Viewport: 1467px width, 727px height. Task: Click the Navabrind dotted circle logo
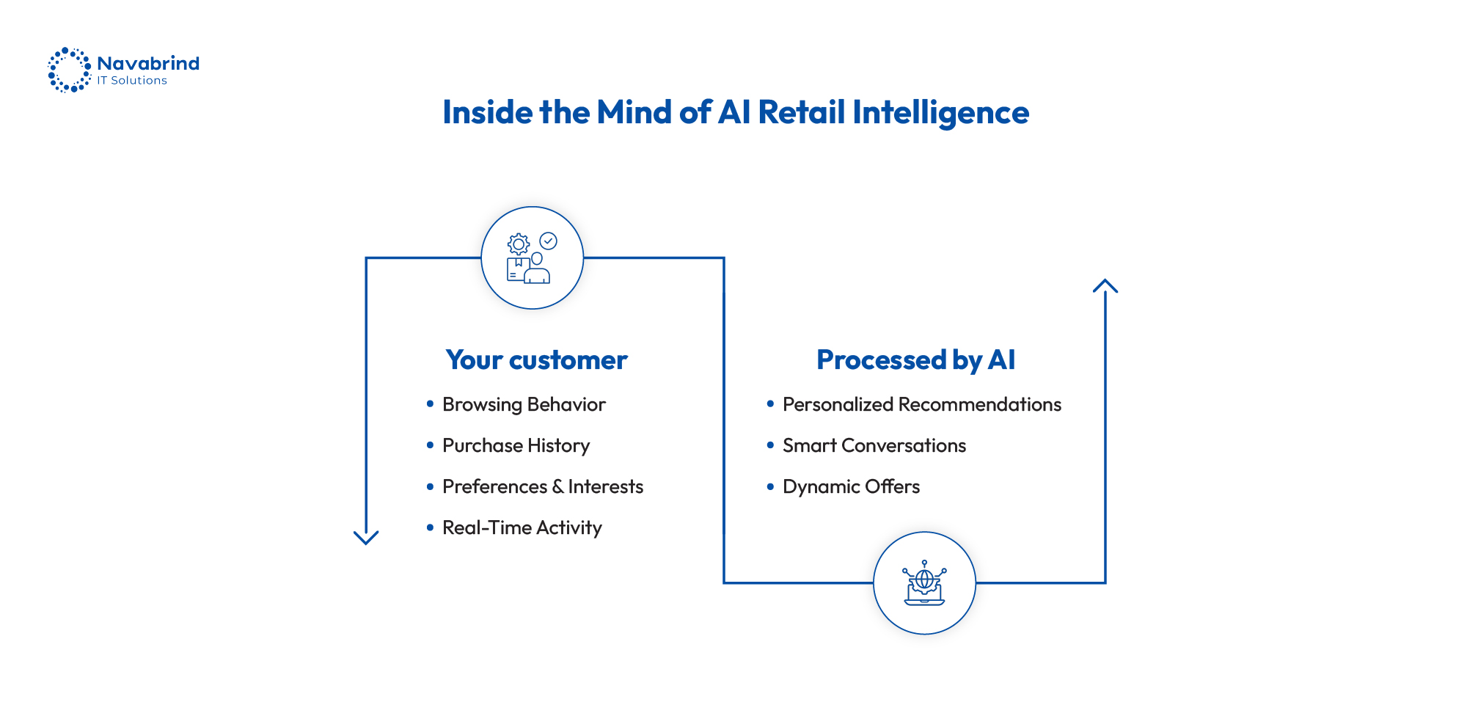(x=70, y=70)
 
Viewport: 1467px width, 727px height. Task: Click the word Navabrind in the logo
(x=148, y=63)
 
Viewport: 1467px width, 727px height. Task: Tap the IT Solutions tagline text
(x=132, y=81)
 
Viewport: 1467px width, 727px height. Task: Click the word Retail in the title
(x=801, y=112)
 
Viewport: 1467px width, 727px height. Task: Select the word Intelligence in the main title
(x=940, y=114)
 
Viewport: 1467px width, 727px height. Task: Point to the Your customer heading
(x=536, y=360)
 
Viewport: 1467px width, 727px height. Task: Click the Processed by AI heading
(x=915, y=360)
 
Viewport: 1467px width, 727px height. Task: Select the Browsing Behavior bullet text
(x=524, y=405)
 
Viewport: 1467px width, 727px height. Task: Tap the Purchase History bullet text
(x=516, y=446)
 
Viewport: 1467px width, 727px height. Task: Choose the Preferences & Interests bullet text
(x=543, y=487)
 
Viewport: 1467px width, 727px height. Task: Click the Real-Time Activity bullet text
(x=522, y=528)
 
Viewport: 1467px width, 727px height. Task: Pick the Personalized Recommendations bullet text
(x=921, y=405)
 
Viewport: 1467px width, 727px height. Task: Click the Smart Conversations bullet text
(x=874, y=446)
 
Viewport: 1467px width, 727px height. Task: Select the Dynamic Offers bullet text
(x=851, y=487)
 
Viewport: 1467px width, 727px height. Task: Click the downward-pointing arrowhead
(x=366, y=538)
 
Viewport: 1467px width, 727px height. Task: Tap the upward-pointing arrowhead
(x=1105, y=285)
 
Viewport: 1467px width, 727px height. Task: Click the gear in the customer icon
(x=519, y=244)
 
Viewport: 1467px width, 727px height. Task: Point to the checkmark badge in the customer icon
(x=548, y=241)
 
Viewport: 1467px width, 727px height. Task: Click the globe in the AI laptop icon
(x=924, y=580)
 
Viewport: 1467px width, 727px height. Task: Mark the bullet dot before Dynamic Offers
(x=770, y=486)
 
